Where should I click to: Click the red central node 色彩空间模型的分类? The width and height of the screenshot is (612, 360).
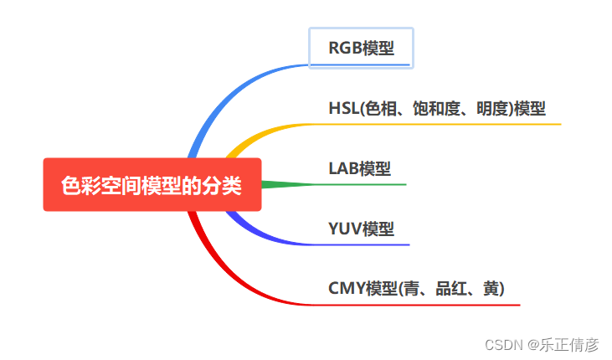click(152, 185)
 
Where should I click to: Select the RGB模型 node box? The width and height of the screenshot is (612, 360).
click(361, 48)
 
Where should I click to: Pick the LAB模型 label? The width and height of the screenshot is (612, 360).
click(359, 168)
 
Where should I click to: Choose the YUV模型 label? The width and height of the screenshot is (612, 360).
click(361, 229)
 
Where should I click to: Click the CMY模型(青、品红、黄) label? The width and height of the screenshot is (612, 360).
click(416, 289)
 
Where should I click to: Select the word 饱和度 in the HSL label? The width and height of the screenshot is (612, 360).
click(435, 109)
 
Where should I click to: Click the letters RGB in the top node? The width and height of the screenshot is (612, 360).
click(345, 48)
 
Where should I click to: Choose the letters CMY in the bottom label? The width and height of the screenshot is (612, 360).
click(346, 289)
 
